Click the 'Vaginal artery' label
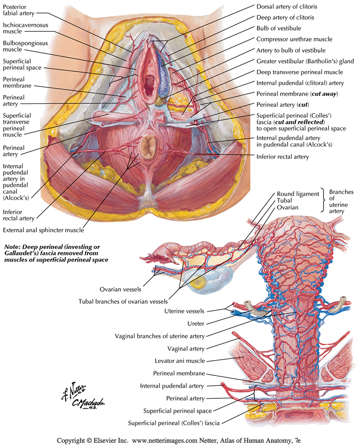click(x=186, y=348)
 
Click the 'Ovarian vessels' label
click(x=121, y=289)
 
